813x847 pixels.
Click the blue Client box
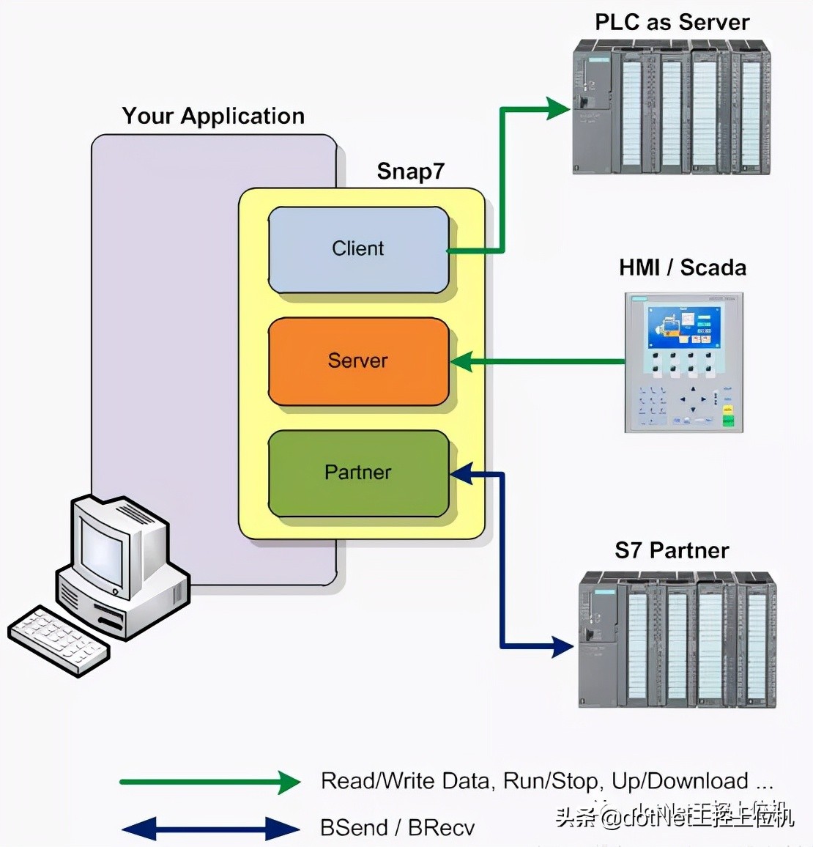pos(358,249)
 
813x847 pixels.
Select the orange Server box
pos(358,360)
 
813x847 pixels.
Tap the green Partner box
pos(358,473)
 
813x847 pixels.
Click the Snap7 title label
pos(410,171)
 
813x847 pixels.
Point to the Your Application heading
pos(213,116)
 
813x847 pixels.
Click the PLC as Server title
pos(672,22)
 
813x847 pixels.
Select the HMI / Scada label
pos(683,267)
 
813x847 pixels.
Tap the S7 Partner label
pos(672,550)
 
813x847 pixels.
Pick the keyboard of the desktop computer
pos(59,638)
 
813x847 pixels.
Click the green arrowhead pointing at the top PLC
pos(558,109)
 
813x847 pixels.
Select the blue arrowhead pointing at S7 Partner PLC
pos(562,646)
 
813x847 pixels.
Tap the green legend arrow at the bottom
pos(209,782)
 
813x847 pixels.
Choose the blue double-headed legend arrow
pos(210,829)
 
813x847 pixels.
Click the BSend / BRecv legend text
pos(397,828)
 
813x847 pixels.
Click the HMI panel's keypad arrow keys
pos(694,399)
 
